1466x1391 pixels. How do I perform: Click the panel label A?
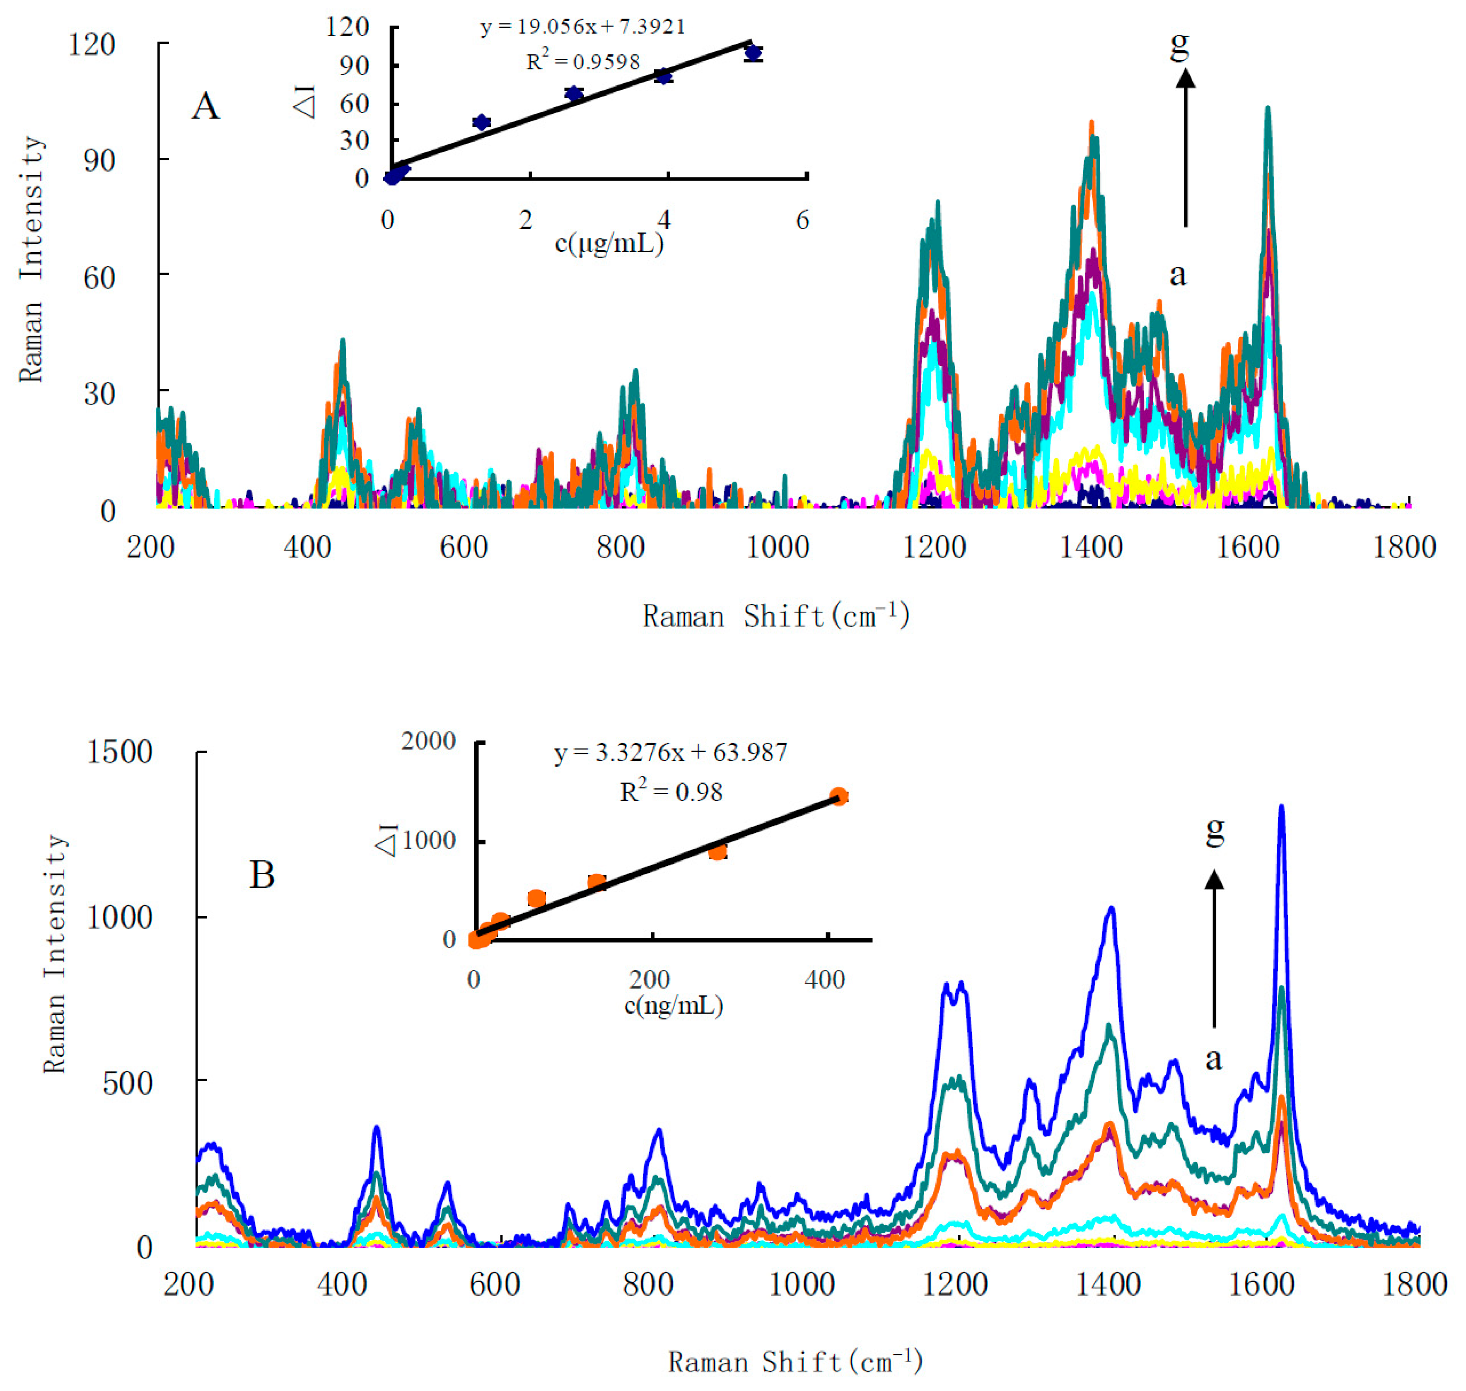click(205, 106)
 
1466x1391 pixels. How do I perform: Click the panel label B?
click(262, 875)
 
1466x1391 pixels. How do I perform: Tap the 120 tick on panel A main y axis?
click(92, 44)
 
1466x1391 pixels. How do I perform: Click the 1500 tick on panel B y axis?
click(119, 752)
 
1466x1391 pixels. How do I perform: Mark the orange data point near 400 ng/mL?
click(838, 796)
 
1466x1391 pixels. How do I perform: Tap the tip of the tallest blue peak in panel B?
click(1280, 807)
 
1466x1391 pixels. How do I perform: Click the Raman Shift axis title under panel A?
click(775, 616)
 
